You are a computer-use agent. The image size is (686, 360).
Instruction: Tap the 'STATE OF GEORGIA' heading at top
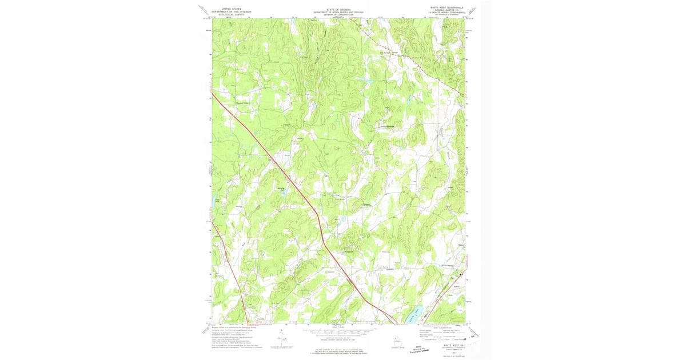pyautogui.click(x=334, y=9)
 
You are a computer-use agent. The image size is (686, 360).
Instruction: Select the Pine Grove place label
pyautogui.click(x=349, y=249)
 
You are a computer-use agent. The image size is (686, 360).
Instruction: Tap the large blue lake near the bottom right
pyautogui.click(x=414, y=314)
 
